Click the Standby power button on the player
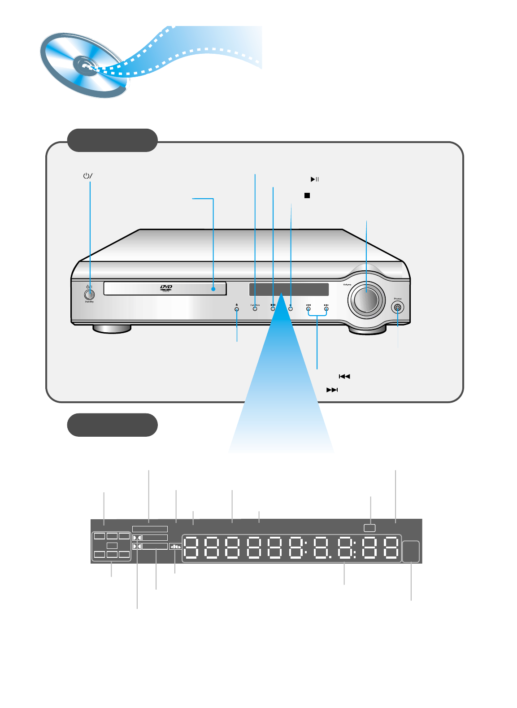pos(89,295)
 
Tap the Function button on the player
pos(255,309)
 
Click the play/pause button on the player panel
pos(273,309)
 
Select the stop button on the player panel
pos(291,309)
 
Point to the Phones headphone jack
pos(397,308)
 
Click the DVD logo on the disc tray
pos(166,288)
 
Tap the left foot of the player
pos(112,329)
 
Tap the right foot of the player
pos(367,330)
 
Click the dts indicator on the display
pos(175,547)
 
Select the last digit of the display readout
pos(391,547)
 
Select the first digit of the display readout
pos(191,547)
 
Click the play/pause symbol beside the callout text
pos(315,179)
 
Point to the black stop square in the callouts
pos(307,195)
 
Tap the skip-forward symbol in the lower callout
pos(332,390)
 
